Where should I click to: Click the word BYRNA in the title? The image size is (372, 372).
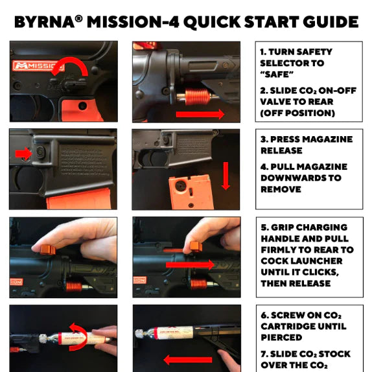(x=45, y=22)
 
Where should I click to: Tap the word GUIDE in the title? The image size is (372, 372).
(x=331, y=22)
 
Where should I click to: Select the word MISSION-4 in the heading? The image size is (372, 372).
(x=133, y=22)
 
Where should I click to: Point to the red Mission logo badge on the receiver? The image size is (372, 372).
(x=38, y=65)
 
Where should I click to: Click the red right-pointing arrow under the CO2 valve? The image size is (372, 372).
(x=200, y=114)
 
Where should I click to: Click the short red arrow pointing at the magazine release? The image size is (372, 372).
(x=23, y=154)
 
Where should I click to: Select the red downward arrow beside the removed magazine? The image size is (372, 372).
(x=226, y=176)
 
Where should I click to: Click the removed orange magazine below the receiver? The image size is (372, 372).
(x=191, y=192)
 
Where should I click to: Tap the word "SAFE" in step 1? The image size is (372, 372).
(x=277, y=75)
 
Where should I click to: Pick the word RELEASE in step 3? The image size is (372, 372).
(x=281, y=150)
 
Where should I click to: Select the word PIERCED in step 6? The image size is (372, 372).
(x=281, y=338)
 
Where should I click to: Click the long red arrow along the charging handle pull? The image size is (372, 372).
(x=190, y=264)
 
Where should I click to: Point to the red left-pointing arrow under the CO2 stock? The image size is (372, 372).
(x=188, y=360)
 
